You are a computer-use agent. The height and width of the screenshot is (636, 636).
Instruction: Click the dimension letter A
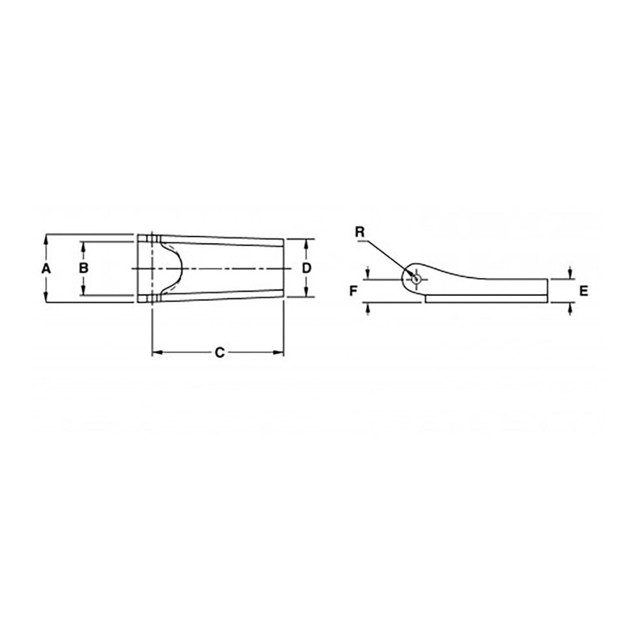click(45, 268)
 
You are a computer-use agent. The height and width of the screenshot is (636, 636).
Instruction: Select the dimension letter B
click(83, 268)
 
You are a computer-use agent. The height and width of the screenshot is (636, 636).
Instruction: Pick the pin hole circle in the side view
click(416, 279)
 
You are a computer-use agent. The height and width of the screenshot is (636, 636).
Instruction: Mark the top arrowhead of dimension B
click(83, 245)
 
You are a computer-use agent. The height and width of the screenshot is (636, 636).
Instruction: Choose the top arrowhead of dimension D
click(306, 243)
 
